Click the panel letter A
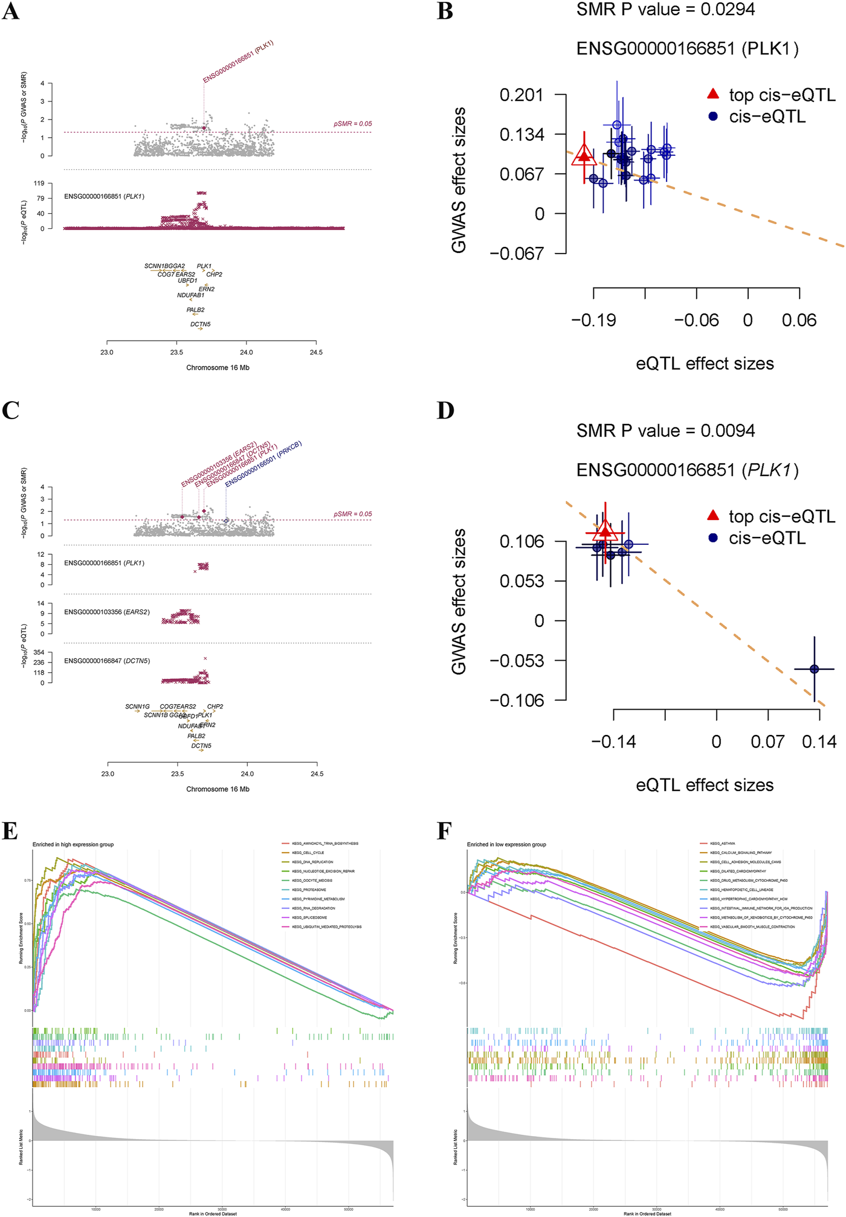pos(10,11)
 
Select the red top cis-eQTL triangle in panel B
pos(584,155)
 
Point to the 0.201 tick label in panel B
pos(521,95)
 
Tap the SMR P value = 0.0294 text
pos(665,10)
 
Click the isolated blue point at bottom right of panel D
pos(814,669)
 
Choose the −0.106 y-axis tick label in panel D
pos(517,701)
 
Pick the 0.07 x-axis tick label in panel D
pos(767,742)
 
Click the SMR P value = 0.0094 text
pos(665,431)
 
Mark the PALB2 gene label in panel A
pos(195,310)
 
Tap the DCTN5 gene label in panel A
pos(201,324)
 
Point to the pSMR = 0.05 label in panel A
pos(352,124)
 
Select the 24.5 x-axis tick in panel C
pos(317,774)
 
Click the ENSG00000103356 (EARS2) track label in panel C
pos(107,612)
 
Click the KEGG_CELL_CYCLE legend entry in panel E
pos(308,853)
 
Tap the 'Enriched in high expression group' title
pos(73,844)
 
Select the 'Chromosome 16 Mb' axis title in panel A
pos(218,368)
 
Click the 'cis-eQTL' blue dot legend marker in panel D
pos(713,538)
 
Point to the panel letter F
pos(444,832)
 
